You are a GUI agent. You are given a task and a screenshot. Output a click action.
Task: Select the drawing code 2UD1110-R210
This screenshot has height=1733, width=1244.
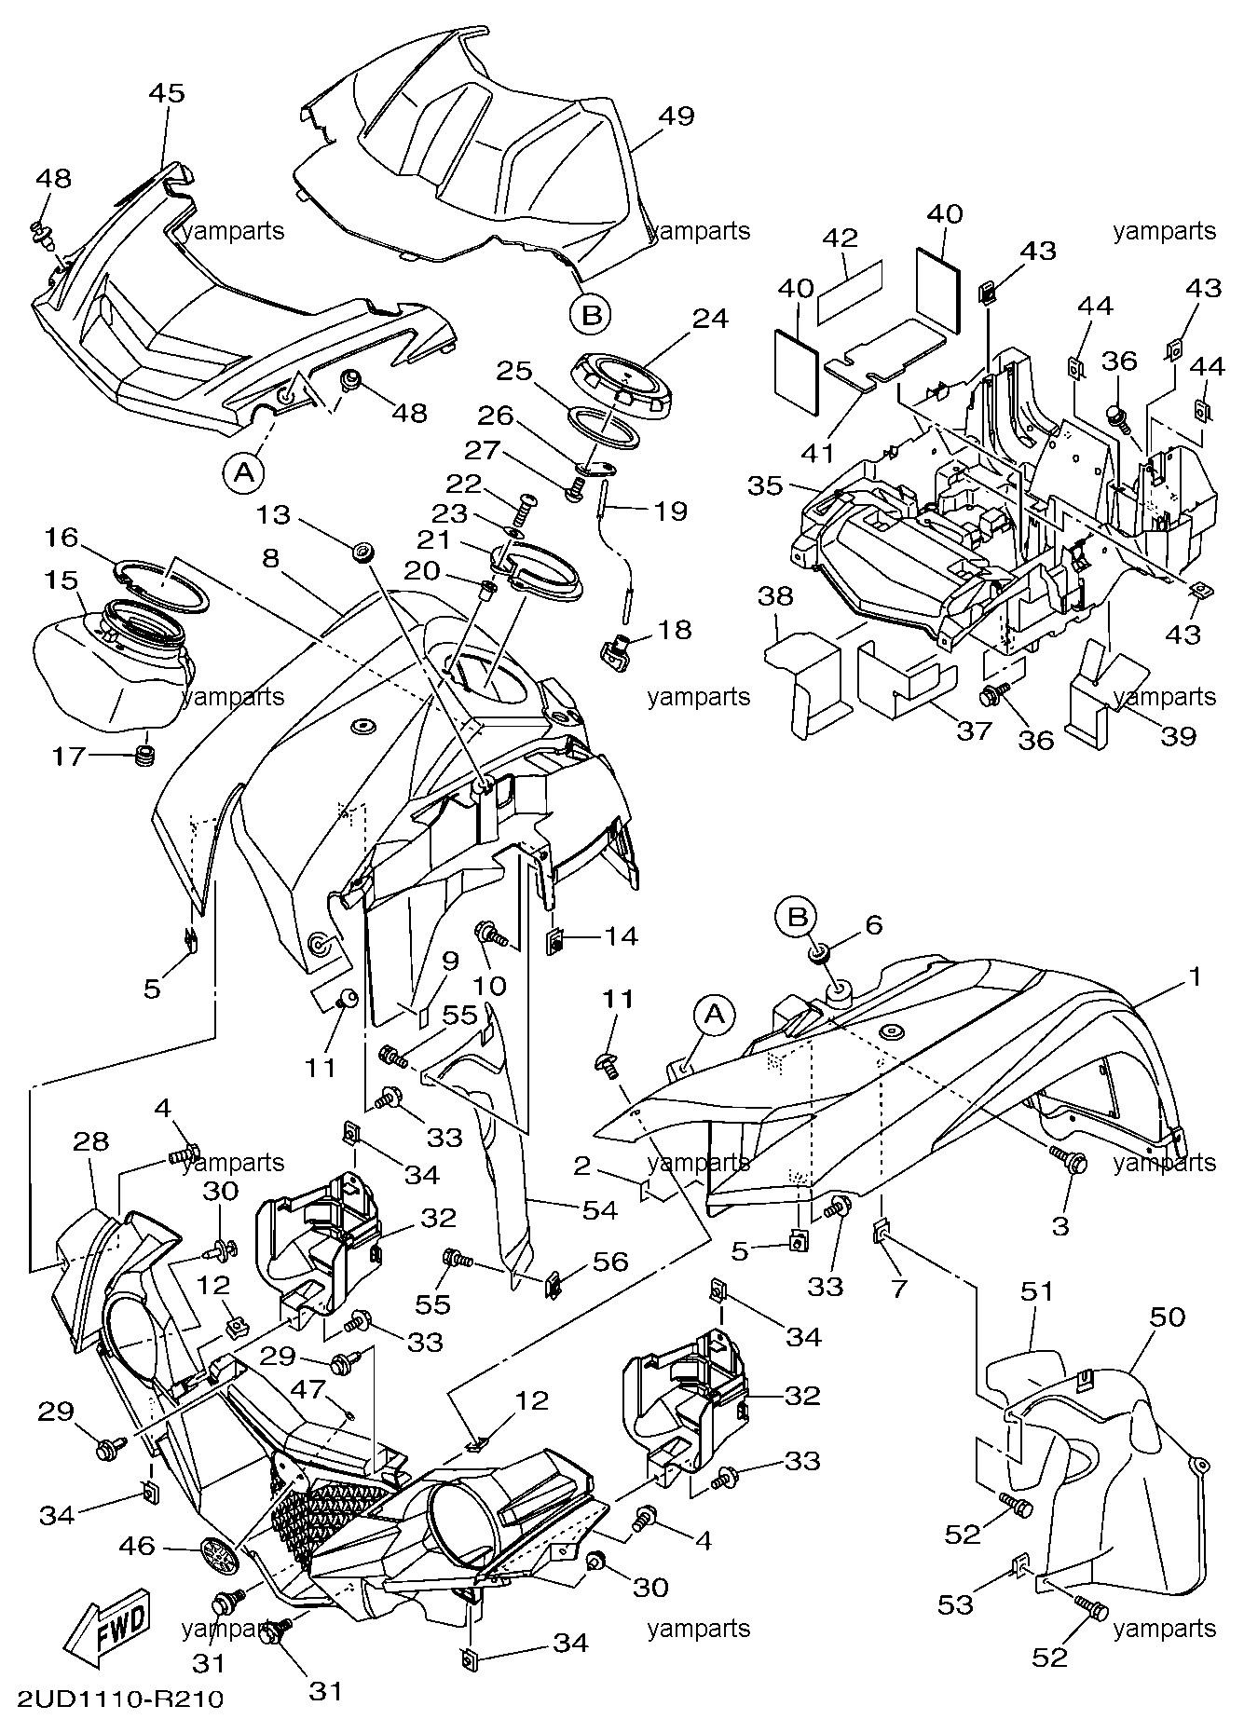click(118, 1699)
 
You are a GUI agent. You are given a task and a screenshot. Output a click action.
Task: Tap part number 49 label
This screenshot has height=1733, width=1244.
click(677, 116)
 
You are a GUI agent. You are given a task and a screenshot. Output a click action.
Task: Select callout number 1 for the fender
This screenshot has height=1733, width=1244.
click(1195, 977)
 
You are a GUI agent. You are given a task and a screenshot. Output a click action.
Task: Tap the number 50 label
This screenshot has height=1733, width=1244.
click(1168, 1317)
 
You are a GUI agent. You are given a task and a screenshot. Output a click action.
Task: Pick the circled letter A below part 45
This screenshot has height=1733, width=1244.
click(243, 473)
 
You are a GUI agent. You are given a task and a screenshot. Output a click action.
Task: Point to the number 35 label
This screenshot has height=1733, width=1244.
click(766, 486)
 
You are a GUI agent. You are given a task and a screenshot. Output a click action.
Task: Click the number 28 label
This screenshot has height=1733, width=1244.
click(90, 1140)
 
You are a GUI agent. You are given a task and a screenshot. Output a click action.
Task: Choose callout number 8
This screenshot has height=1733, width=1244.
click(270, 558)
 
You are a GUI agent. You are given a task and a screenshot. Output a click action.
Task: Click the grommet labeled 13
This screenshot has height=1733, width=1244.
click(362, 553)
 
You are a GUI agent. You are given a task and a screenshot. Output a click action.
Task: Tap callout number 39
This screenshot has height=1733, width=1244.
click(1178, 735)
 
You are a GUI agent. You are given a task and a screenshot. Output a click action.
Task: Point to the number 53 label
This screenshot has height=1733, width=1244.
click(955, 1603)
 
